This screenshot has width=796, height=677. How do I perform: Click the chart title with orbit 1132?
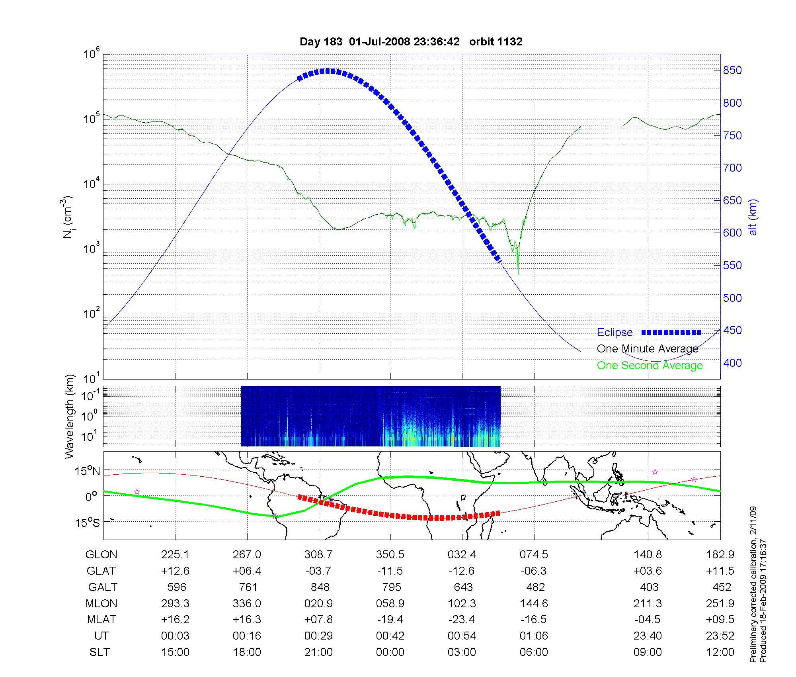[411, 42]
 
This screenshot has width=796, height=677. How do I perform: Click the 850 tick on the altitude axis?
[732, 70]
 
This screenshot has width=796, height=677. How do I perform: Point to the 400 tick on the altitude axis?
[732, 363]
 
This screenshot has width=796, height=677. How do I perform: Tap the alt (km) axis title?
[753, 217]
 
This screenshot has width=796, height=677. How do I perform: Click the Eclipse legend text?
[615, 333]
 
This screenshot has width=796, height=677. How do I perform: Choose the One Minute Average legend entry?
[648, 349]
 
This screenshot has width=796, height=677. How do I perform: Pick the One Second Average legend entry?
[650, 366]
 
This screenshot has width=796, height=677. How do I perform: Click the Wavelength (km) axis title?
[70, 416]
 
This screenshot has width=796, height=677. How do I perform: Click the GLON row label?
[101, 555]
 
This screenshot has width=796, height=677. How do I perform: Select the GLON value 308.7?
[318, 555]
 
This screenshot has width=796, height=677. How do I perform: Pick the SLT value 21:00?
[318, 652]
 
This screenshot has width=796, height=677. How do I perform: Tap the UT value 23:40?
[648, 636]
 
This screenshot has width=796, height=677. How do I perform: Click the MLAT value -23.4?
[462, 620]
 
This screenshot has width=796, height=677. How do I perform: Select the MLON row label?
[101, 604]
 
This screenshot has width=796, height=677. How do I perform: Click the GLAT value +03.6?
[648, 571]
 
